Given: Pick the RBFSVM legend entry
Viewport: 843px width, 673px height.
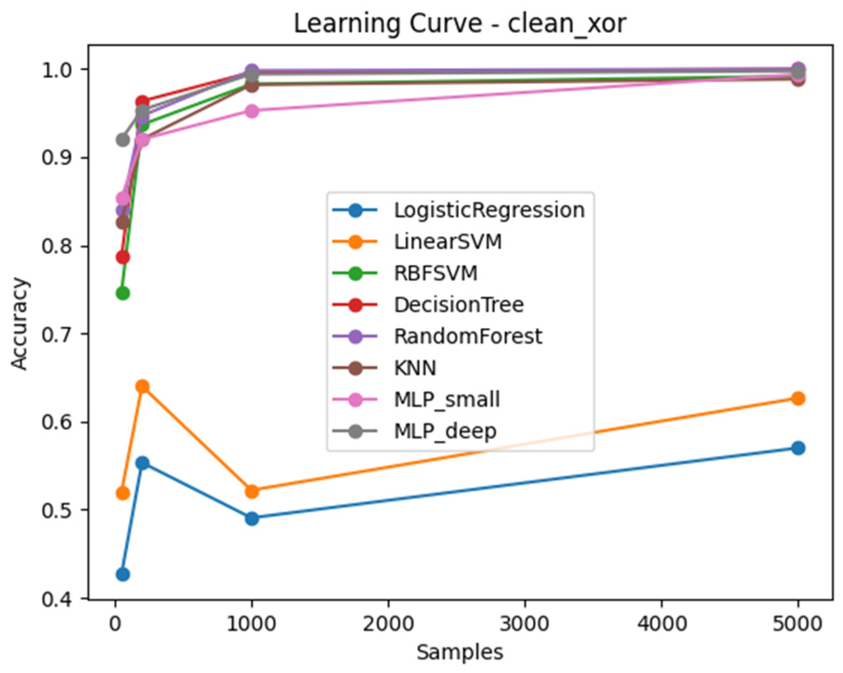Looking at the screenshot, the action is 405,273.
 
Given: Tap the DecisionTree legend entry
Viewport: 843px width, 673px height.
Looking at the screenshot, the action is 428,305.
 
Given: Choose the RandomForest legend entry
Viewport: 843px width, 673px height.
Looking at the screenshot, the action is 437,336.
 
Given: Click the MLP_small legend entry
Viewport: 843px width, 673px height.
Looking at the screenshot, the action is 416,400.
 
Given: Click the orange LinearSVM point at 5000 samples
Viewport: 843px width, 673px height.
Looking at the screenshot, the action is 798,398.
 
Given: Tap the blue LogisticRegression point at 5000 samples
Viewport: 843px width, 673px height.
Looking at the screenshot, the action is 798,448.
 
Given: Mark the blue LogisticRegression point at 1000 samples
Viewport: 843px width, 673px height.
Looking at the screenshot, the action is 252,519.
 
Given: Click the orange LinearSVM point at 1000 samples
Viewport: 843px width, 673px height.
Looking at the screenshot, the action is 252,491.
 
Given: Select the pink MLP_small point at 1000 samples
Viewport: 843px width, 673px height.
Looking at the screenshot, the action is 252,111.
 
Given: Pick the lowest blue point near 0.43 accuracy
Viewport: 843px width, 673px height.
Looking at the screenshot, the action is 122,574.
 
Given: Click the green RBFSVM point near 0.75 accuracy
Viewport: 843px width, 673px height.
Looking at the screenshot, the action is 122,293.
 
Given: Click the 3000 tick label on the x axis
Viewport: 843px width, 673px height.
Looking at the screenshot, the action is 525,624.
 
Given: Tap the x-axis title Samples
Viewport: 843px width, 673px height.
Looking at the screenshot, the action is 460,652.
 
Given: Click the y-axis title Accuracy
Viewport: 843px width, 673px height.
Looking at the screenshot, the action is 19,323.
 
